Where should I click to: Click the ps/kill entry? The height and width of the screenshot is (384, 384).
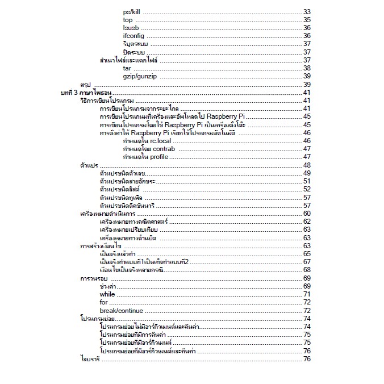[132, 11]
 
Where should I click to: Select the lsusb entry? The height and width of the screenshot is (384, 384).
[131, 28]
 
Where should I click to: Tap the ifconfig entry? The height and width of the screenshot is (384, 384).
[133, 36]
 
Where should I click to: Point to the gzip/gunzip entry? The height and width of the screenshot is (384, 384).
[140, 76]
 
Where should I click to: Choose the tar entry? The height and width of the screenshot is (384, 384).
[127, 68]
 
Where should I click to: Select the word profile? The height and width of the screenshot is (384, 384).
[159, 156]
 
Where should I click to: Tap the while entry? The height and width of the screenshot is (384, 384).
[107, 294]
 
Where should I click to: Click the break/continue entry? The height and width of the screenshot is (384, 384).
[122, 311]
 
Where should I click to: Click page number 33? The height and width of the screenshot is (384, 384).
[307, 11]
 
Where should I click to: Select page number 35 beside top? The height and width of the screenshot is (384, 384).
[307, 20]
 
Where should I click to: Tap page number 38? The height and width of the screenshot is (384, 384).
[307, 68]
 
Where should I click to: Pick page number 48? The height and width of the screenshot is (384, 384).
[307, 165]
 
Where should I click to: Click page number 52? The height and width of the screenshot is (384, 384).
[307, 189]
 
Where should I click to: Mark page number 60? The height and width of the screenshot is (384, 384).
[307, 214]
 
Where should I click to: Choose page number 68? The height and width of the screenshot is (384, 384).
[307, 270]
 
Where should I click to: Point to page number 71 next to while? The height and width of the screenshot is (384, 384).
[307, 294]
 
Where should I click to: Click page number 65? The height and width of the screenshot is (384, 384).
[307, 254]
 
